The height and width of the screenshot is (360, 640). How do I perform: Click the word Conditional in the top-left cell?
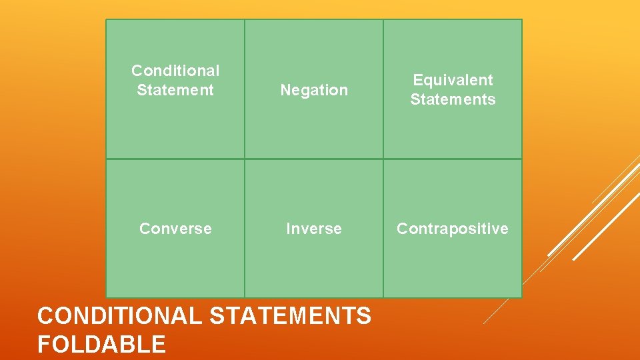pyautogui.click(x=175, y=71)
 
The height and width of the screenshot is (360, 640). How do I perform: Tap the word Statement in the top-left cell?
pyautogui.click(x=175, y=90)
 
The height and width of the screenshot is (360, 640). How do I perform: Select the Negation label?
pyautogui.click(x=314, y=90)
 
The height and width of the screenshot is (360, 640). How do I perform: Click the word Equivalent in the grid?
pyautogui.click(x=453, y=80)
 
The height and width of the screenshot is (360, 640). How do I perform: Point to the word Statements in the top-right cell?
pyautogui.click(x=453, y=99)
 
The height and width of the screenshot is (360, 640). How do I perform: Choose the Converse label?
pyautogui.click(x=175, y=229)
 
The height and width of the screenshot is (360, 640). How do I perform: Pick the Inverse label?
pyautogui.click(x=314, y=229)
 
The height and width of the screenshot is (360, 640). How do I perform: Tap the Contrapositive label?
pyautogui.click(x=453, y=229)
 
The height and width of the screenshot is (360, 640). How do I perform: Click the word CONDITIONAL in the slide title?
pyautogui.click(x=119, y=315)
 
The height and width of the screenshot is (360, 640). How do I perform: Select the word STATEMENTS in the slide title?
pyautogui.click(x=290, y=315)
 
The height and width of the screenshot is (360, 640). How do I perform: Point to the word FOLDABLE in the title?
pyautogui.click(x=101, y=344)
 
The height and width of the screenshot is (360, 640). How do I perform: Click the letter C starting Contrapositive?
pyautogui.click(x=402, y=229)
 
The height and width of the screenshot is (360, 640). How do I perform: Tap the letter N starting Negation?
pyautogui.click(x=285, y=90)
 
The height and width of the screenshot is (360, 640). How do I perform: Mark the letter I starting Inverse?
pyautogui.click(x=288, y=229)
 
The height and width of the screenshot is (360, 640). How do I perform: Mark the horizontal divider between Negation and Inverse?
pyautogui.click(x=314, y=159)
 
